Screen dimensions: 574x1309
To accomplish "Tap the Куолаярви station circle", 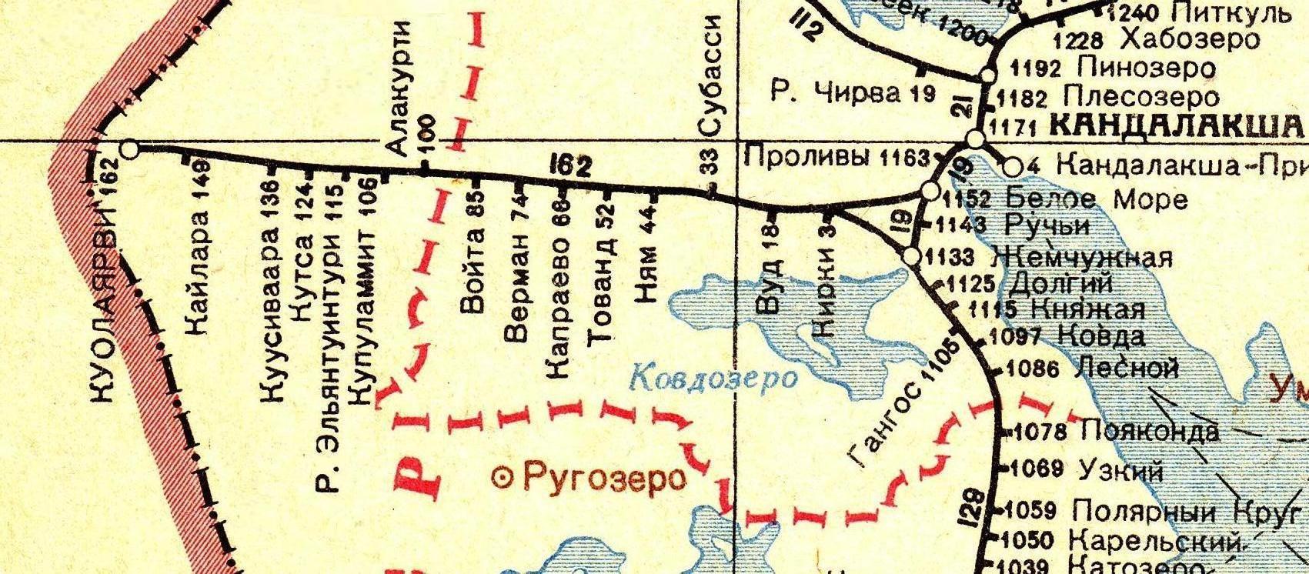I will (x=130, y=149).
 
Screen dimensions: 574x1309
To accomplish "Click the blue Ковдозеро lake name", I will (x=713, y=377).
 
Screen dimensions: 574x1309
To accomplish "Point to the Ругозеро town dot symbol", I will (x=503, y=478).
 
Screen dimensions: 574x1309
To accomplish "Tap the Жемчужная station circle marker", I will (x=912, y=257).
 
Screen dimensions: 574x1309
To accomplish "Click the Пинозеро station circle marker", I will (x=987, y=75).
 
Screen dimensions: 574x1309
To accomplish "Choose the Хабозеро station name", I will (x=1190, y=38).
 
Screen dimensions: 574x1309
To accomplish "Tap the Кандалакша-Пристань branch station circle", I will (x=1013, y=166).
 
